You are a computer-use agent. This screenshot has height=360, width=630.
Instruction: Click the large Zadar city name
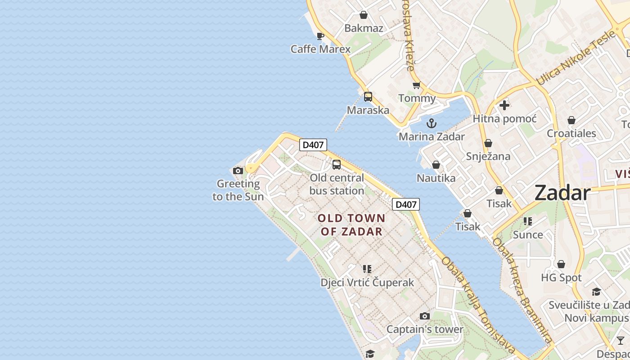point(562,193)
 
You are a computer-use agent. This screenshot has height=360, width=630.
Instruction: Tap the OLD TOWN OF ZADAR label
point(351,225)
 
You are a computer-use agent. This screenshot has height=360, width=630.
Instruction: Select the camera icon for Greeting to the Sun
point(238,171)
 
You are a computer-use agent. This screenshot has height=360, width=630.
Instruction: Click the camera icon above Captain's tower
point(424,316)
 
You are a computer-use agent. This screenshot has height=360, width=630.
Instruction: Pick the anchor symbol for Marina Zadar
point(432,123)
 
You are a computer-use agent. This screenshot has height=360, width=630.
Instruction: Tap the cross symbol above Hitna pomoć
point(504,105)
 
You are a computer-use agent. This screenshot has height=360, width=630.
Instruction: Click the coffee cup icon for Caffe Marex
point(320,36)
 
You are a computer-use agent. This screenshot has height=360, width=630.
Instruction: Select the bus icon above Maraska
point(368,96)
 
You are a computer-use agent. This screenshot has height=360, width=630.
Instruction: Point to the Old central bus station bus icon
point(337,165)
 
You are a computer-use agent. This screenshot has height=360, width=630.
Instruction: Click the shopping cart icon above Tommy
point(417,85)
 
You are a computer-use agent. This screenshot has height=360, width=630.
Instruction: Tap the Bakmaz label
point(364,28)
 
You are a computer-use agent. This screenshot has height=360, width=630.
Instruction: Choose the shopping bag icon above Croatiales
point(571,120)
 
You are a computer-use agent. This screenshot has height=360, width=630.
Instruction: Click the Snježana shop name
point(488,157)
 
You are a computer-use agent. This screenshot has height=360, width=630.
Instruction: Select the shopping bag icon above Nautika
point(436,165)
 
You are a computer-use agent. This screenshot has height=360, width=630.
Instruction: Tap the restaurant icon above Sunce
point(528,221)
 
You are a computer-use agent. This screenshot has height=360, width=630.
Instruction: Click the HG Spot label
point(561,278)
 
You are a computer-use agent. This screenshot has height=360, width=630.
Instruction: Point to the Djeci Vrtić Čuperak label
point(367,283)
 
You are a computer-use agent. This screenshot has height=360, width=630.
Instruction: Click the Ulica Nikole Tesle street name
point(576,58)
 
